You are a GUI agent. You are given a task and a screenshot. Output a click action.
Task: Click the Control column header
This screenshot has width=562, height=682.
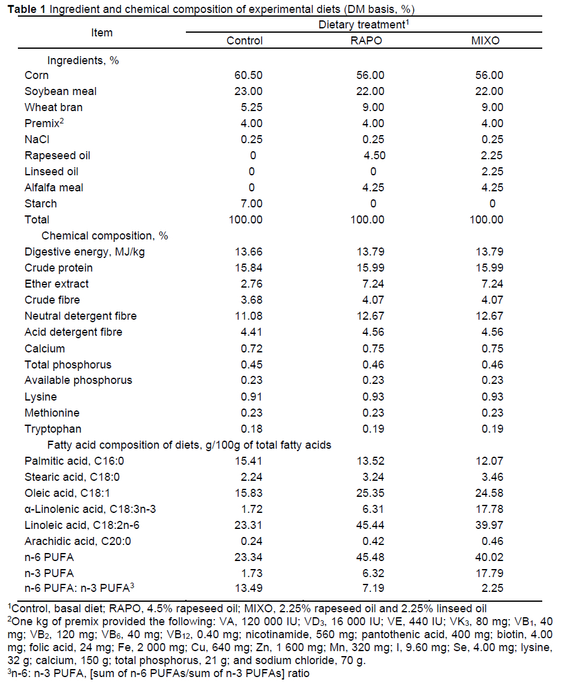point(245,41)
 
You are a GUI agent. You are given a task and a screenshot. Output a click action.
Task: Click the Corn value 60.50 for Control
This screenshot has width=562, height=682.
point(245,75)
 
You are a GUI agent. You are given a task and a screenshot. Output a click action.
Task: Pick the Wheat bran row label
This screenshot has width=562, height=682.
point(54,107)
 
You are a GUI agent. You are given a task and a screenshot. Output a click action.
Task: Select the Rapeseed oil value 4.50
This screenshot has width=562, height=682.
point(367,156)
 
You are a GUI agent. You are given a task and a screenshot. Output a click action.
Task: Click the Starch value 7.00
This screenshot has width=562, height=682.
point(245,204)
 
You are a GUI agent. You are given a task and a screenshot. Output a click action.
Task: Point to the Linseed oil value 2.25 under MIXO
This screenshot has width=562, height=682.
point(488,172)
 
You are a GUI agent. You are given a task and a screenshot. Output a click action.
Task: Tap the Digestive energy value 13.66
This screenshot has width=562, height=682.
point(245,252)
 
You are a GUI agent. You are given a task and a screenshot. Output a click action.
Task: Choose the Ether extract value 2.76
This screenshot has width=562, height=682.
point(245,284)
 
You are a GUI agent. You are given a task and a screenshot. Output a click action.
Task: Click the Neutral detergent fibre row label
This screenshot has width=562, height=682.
point(81,316)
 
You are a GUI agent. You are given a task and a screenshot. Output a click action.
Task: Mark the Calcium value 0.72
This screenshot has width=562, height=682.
point(245,348)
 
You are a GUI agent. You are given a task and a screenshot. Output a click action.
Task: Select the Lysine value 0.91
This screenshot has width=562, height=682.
point(245,396)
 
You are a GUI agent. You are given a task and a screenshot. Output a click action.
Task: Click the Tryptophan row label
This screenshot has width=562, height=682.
point(53,428)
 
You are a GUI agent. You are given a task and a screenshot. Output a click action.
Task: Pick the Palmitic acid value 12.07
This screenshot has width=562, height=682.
point(488,460)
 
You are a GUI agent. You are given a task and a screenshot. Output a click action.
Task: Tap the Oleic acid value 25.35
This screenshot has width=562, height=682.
point(367,493)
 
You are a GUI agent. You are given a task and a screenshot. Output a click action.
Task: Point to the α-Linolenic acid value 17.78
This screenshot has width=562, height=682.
point(488,509)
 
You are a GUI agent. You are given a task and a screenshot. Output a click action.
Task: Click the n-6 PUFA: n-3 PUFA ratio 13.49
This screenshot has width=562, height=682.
point(245,573)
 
